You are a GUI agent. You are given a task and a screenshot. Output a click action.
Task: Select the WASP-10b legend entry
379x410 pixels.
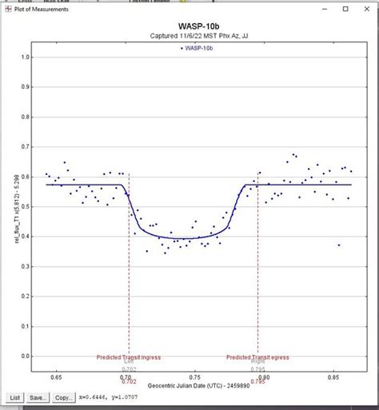[197, 48]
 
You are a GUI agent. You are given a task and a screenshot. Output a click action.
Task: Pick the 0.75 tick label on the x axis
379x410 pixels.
[195, 375]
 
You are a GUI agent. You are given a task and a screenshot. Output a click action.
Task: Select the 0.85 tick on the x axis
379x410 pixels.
[333, 375]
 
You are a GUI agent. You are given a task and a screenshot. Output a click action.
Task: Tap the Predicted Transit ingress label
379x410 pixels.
[129, 357]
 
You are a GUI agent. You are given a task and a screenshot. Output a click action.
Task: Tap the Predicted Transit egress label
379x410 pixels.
[257, 357]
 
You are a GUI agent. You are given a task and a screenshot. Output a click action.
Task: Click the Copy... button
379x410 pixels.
[65, 397]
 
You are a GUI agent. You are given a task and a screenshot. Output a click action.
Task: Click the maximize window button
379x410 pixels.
[345, 9]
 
